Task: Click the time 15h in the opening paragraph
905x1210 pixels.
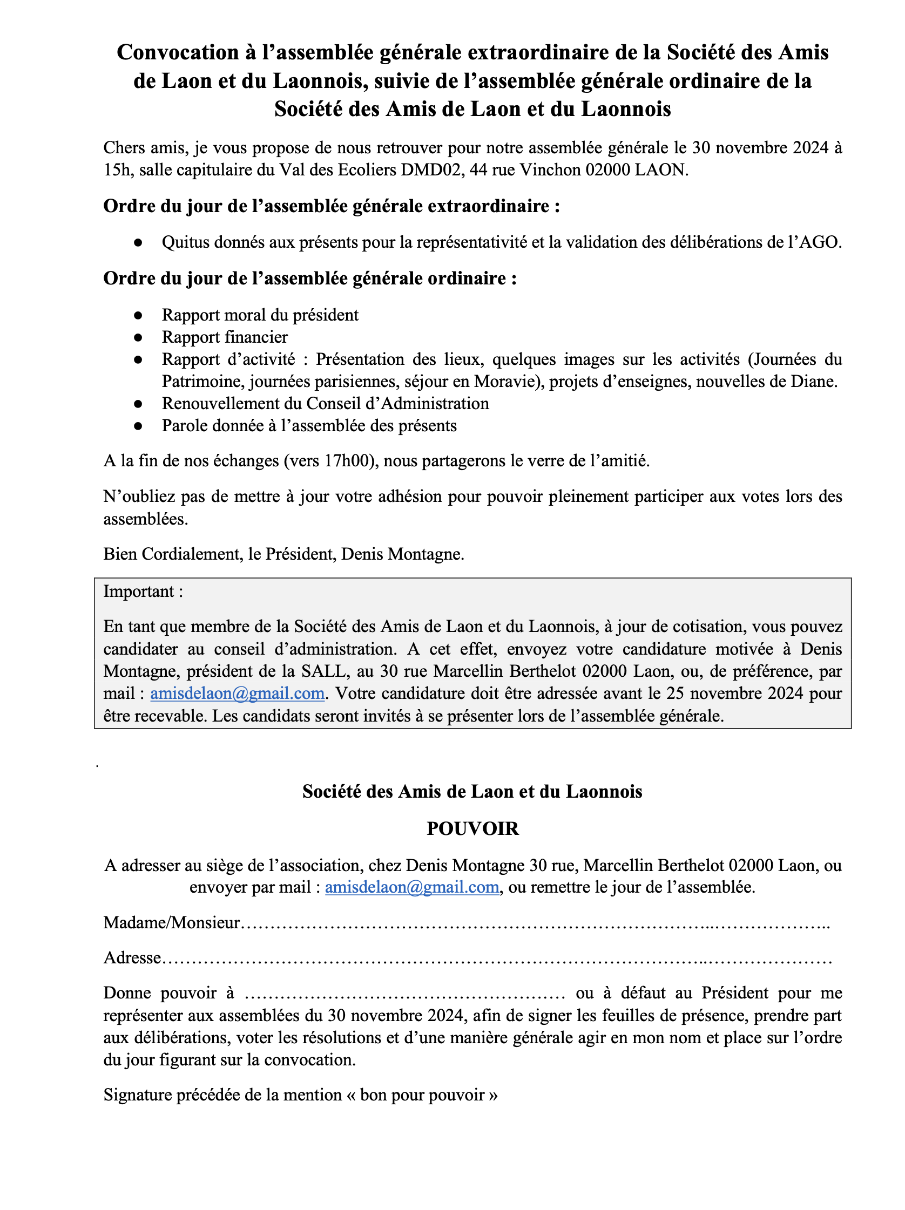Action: (118, 170)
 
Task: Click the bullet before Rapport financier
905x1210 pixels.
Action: (138, 337)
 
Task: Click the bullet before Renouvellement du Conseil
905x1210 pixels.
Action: (138, 404)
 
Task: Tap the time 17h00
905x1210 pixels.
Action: (348, 461)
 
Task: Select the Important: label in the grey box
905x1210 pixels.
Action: (143, 592)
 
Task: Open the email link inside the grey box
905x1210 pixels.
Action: (237, 694)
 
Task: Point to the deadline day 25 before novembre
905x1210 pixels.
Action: (676, 694)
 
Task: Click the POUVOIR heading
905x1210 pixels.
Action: (472, 829)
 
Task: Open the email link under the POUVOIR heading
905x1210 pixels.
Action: (411, 887)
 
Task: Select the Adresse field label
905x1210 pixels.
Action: (132, 958)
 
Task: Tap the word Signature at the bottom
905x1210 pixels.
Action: (137, 1095)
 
